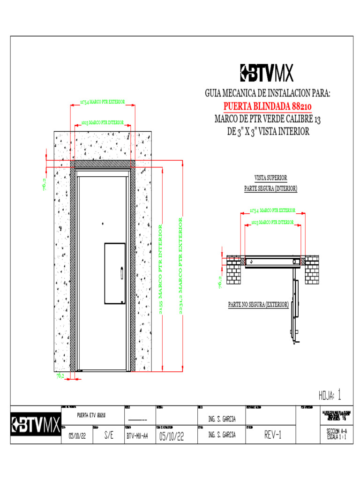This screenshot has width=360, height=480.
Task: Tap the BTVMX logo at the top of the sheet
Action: point(266,73)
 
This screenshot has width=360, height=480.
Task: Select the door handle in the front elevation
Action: point(122,273)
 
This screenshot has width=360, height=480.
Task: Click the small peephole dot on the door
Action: point(101,224)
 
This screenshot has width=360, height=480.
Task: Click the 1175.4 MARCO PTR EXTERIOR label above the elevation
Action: point(102,101)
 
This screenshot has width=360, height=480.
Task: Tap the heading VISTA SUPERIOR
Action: point(270,178)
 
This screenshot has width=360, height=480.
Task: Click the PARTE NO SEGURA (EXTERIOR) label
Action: point(258,305)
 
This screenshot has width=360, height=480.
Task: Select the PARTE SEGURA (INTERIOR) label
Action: point(270,188)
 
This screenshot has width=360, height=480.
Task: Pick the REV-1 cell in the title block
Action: point(272,435)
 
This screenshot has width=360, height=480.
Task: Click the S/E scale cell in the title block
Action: point(108,435)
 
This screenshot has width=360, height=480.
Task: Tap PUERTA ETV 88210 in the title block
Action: point(91,415)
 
